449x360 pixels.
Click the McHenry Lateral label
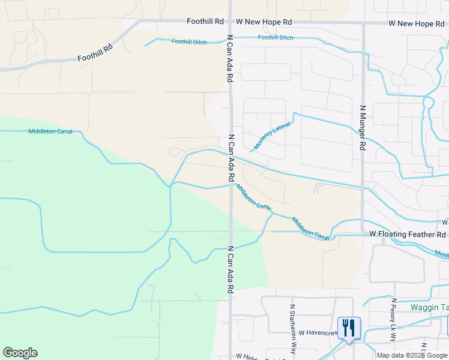tap(272, 136)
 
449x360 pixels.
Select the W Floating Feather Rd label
tap(408, 234)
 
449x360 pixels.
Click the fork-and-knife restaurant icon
tap(348, 328)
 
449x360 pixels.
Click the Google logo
tap(20, 353)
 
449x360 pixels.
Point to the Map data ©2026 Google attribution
tap(412, 355)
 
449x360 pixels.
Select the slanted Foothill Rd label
tap(95, 54)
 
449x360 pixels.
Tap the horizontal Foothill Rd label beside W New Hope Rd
tap(205, 21)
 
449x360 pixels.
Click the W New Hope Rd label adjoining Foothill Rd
tap(264, 22)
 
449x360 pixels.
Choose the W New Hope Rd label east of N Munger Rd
tap(416, 23)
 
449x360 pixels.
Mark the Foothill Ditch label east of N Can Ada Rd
tap(276, 38)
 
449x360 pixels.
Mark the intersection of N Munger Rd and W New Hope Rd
tap(363, 24)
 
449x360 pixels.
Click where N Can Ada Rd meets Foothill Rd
tap(231, 22)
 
